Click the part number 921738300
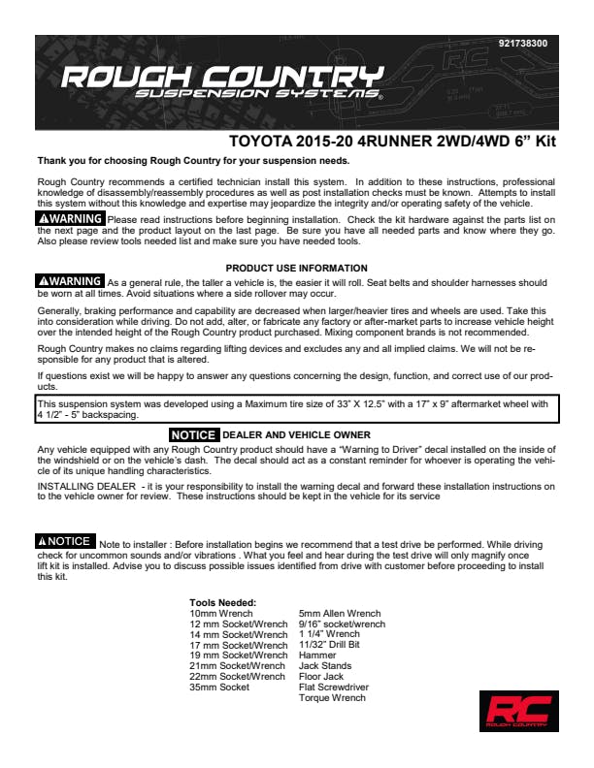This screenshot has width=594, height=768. click(x=522, y=45)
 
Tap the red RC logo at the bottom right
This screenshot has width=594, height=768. click(x=518, y=710)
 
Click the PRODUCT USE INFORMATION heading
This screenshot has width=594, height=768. click(x=296, y=268)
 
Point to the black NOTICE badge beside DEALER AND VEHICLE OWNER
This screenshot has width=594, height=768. click(x=194, y=435)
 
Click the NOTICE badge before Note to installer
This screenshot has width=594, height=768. click(x=65, y=541)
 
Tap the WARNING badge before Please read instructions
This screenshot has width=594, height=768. click(x=70, y=219)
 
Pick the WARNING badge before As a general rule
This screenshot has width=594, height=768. click(x=70, y=281)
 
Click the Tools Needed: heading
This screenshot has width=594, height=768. click(x=222, y=603)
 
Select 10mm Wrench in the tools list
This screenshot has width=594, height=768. click(x=221, y=614)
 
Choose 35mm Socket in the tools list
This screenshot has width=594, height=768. click(x=219, y=688)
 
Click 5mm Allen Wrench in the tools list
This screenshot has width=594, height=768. click(x=340, y=614)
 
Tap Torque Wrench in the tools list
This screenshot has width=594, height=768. click(x=332, y=698)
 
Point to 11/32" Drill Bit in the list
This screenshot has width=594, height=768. click(x=329, y=645)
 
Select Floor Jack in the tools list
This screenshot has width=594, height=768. click(x=321, y=677)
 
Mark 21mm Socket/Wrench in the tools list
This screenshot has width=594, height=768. click(x=237, y=666)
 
